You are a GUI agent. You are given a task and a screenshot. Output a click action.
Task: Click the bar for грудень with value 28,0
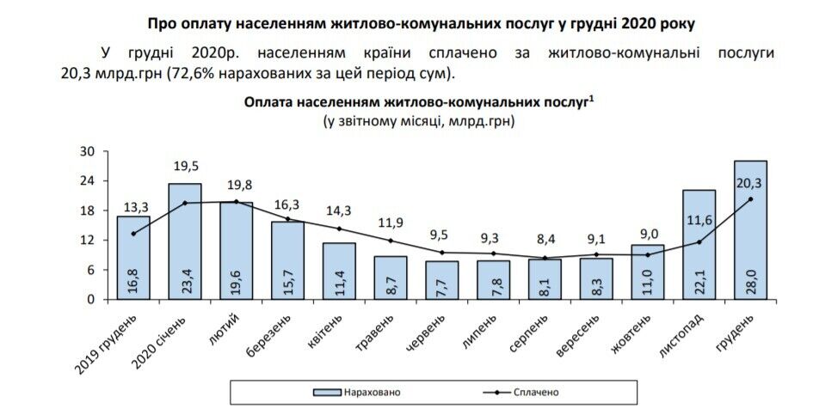click(x=750, y=229)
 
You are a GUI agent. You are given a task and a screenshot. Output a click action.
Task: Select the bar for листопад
click(x=699, y=244)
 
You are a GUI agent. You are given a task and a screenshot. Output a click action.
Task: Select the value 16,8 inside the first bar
click(x=133, y=278)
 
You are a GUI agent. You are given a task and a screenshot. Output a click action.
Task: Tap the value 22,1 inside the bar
click(x=699, y=278)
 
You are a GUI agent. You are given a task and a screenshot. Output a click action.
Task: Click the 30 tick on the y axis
click(x=87, y=152)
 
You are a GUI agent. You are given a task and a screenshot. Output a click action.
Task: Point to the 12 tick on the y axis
click(x=87, y=241)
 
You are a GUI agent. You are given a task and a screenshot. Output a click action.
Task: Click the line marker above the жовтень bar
click(x=647, y=254)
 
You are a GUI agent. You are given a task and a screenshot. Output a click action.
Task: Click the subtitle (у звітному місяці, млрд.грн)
click(x=418, y=122)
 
